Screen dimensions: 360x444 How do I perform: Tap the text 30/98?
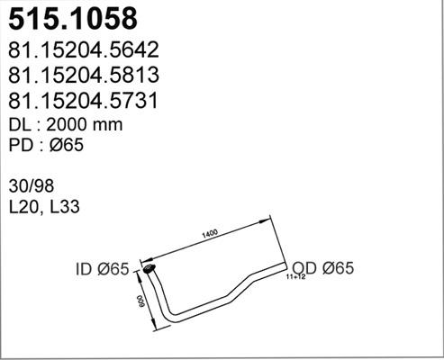tap(32, 186)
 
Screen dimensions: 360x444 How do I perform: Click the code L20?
tap(25, 208)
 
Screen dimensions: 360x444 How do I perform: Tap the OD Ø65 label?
tap(321, 267)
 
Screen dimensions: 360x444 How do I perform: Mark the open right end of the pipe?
tap(285, 266)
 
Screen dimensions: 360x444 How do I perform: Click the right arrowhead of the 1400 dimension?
tap(271, 219)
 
